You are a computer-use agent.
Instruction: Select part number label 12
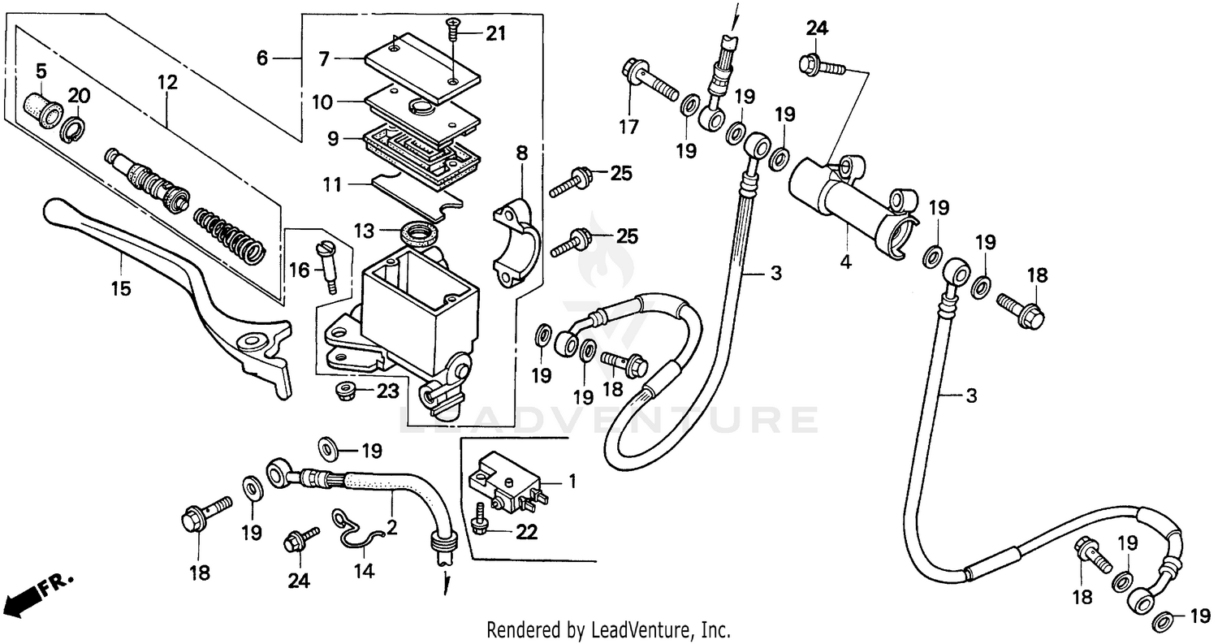click(x=166, y=81)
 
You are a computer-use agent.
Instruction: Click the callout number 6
click(x=261, y=58)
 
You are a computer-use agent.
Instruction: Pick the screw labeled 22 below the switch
click(x=481, y=521)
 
